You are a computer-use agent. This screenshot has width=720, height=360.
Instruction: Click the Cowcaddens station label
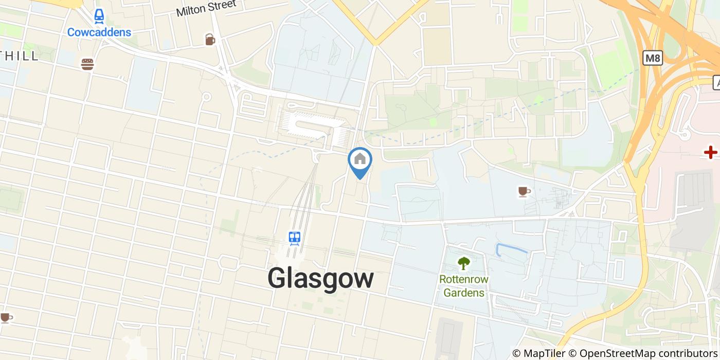[99, 32]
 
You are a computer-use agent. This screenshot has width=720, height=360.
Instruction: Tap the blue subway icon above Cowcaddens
[99, 17]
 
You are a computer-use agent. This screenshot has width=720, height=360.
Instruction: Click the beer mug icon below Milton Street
[210, 40]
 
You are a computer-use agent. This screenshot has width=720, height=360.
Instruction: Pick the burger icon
[87, 64]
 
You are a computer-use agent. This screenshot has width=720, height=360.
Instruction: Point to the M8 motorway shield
[652, 58]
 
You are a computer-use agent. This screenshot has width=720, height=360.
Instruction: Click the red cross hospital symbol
[711, 152]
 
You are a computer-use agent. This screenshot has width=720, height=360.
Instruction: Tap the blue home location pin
[360, 160]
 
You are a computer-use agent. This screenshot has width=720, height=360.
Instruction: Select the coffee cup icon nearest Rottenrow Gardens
[524, 192]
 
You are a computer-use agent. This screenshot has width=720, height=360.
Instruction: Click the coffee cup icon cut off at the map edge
[5, 318]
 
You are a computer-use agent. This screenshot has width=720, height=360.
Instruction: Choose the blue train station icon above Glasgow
[295, 238]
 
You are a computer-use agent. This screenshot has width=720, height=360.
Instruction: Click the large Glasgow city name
[320, 279]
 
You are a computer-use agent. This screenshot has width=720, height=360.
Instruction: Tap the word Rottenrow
[464, 280]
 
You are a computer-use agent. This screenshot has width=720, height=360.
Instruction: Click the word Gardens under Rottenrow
[464, 293]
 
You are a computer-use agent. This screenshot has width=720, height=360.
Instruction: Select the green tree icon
[464, 263]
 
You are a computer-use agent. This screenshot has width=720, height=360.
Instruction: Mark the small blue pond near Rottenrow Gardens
[512, 249]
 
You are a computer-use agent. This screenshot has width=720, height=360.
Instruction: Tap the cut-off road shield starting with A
[716, 82]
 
